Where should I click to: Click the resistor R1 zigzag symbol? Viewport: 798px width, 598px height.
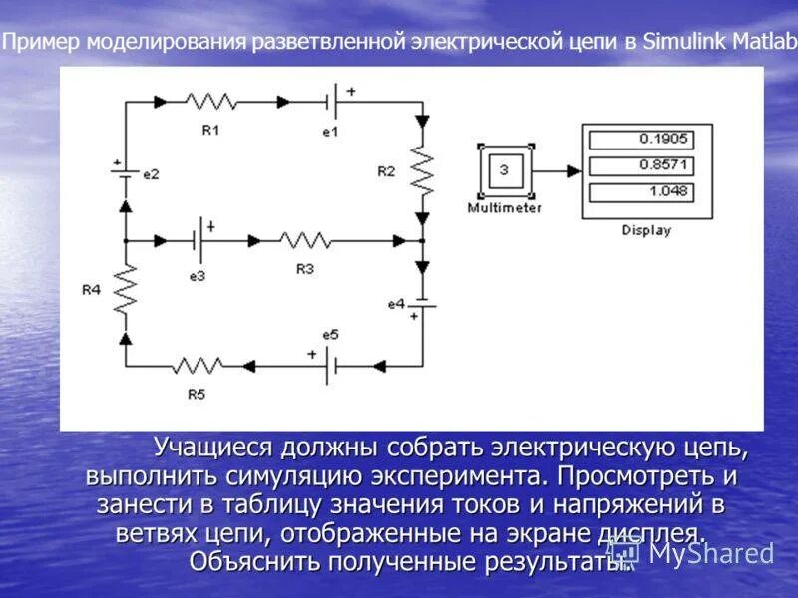(x=211, y=101)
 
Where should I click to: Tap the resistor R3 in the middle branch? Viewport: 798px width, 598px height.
(x=305, y=240)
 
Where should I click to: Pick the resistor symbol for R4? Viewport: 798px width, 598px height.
(x=125, y=290)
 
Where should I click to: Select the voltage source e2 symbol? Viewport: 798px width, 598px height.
(x=125, y=172)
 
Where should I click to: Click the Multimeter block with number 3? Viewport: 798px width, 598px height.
(x=504, y=171)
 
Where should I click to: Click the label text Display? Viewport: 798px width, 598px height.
(x=646, y=230)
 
